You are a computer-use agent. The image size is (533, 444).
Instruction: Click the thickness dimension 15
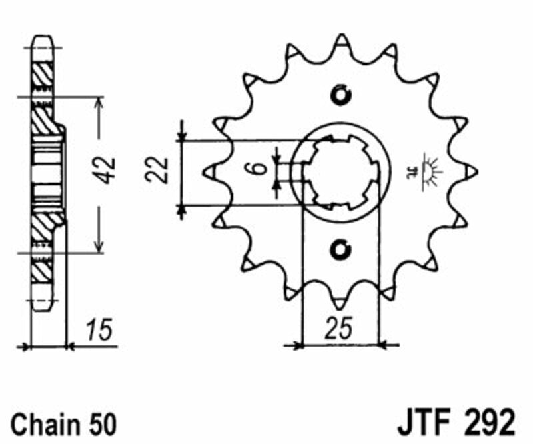[99, 329]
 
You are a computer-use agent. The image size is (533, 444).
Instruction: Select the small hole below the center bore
[340, 250]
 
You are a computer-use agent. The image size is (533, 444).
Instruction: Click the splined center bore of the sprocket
[340, 172]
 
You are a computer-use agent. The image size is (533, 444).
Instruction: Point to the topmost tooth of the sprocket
[341, 41]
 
